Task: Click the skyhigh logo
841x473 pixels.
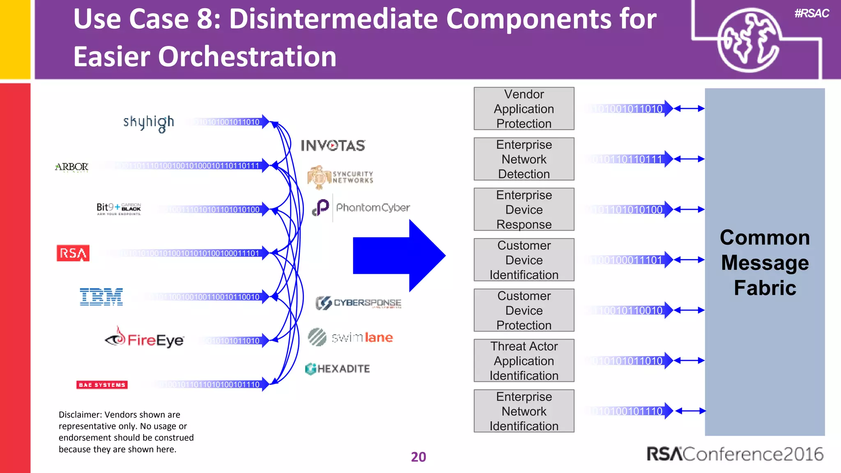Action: click(x=149, y=123)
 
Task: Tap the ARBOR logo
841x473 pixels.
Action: click(x=72, y=167)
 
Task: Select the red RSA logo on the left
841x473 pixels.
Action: click(x=73, y=253)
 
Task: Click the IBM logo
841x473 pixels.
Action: click(x=101, y=296)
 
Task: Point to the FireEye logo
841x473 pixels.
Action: click(x=145, y=339)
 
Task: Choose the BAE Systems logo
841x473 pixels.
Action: click(x=102, y=385)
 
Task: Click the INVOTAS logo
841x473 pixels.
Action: click(x=333, y=145)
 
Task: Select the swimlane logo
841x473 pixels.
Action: click(x=351, y=338)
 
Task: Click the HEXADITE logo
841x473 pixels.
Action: click(x=338, y=369)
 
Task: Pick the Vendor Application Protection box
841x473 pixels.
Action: click(x=524, y=109)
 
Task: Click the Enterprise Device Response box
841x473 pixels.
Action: click(x=524, y=209)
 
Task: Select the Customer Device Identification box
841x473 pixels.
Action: click(x=524, y=260)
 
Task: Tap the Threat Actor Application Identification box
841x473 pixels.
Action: click(x=524, y=360)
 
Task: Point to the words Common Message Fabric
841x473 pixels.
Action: click(x=765, y=262)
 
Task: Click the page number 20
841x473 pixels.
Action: click(x=418, y=457)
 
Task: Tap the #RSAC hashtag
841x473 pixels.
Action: click(x=811, y=14)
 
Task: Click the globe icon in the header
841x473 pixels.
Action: click(x=748, y=40)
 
